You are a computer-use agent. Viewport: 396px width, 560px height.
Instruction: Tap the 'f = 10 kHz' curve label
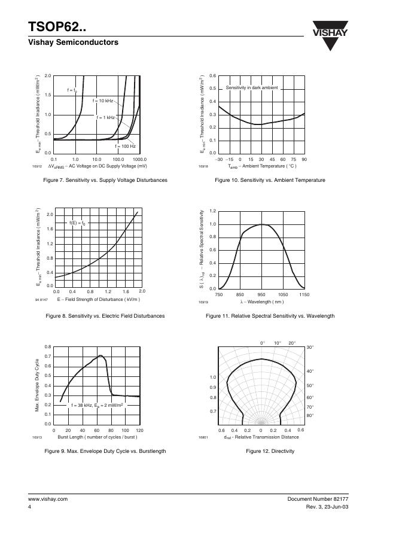coord(102,101)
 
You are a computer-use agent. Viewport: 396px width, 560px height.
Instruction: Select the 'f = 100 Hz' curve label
coord(125,146)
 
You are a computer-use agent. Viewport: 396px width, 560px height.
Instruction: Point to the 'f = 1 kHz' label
coord(106,117)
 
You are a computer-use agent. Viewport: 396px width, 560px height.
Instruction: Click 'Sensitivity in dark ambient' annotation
coord(251,88)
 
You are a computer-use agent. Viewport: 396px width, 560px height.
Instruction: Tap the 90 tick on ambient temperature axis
coord(304,159)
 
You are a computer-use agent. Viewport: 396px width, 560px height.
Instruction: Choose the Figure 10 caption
coord(270,180)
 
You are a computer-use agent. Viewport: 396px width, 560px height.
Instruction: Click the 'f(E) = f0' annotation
coord(78,223)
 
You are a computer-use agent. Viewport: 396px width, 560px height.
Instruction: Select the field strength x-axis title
coord(99,299)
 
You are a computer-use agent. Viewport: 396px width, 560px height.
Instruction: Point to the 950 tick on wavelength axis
coord(261,295)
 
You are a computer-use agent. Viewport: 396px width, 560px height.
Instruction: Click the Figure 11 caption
coord(270,316)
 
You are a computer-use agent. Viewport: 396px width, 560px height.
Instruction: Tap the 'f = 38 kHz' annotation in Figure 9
coord(97,405)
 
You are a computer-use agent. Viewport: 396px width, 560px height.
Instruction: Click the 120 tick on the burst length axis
coord(139,430)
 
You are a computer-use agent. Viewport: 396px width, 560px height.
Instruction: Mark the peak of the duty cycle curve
coord(101,356)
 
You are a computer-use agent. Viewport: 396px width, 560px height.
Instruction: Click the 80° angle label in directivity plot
coord(310,415)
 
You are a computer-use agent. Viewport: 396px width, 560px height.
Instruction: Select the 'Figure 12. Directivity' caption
coord(270,451)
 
